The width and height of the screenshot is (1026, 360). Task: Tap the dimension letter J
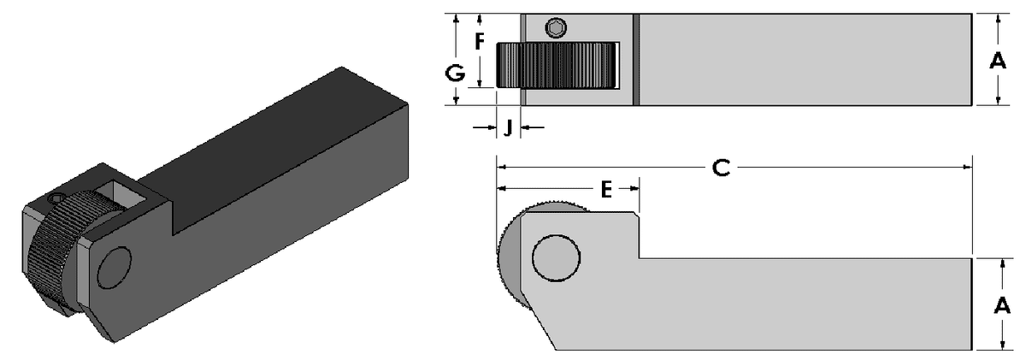tap(508, 128)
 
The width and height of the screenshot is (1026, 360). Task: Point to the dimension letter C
tap(721, 168)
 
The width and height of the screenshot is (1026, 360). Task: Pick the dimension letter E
tap(605, 190)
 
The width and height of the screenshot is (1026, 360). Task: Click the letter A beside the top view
tap(996, 61)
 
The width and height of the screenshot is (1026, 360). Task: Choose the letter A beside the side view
tap(997, 304)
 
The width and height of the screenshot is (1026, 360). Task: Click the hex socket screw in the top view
tap(557, 28)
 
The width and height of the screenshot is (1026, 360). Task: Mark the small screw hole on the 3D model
tap(57, 198)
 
